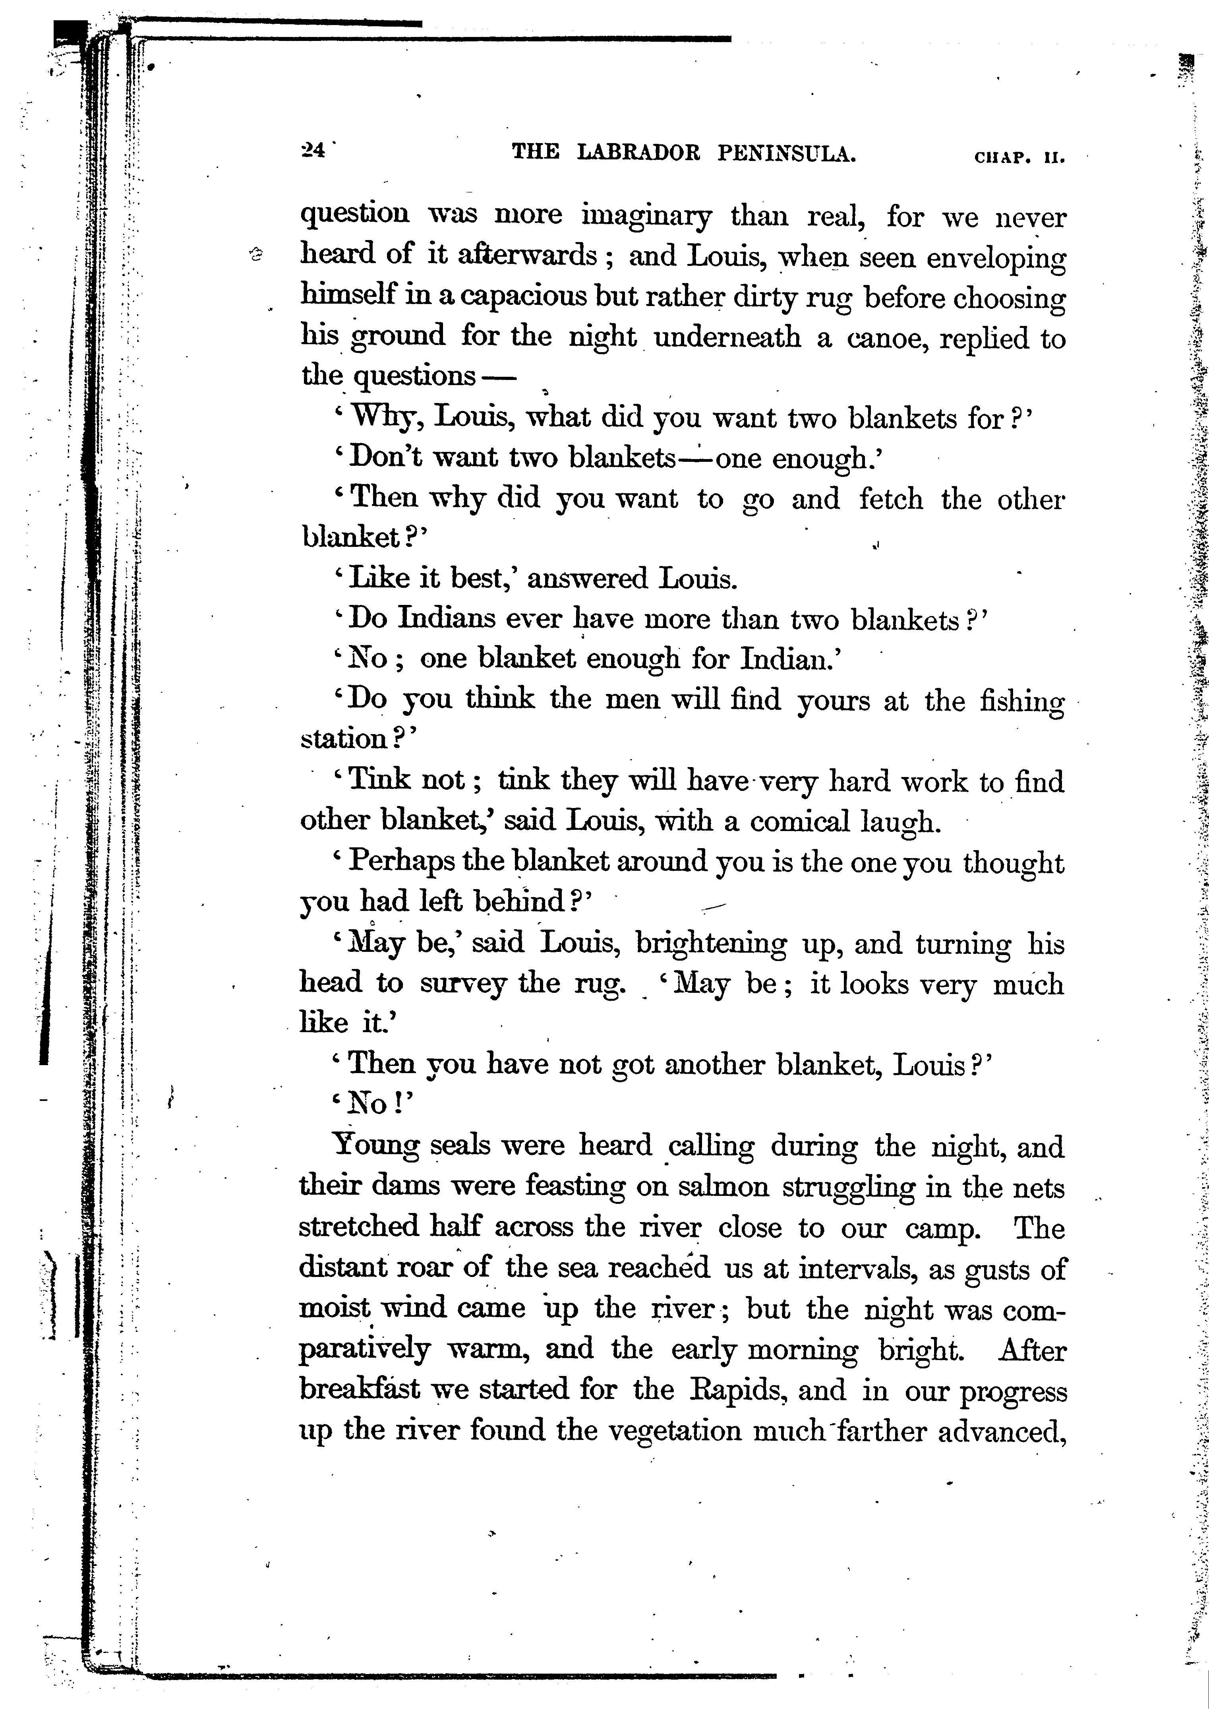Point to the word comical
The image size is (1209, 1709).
tap(799, 822)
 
